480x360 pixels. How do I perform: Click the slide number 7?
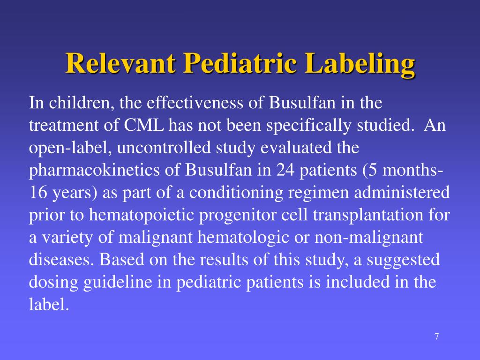tap(436, 337)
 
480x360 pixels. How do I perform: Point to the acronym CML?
tap(145, 126)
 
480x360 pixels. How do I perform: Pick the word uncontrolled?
tap(163, 148)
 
